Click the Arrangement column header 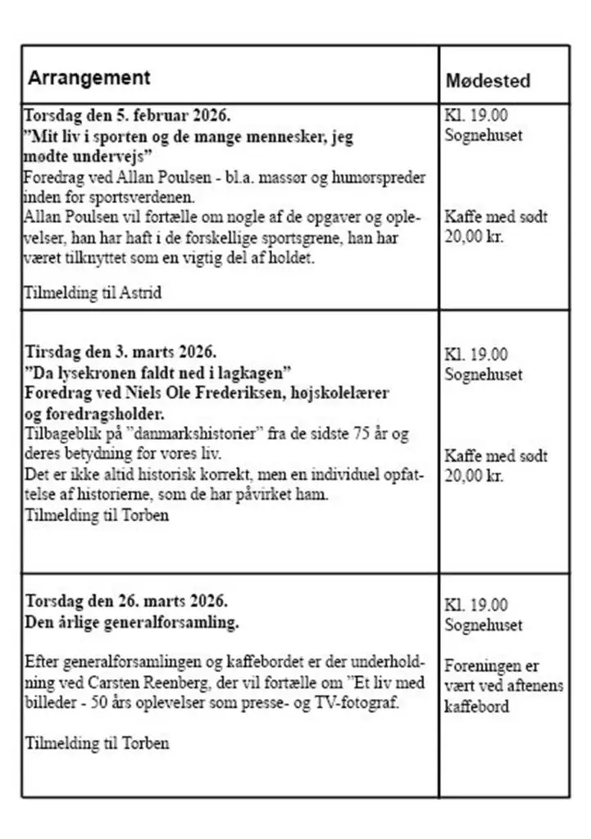tap(89, 78)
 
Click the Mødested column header tap(488, 80)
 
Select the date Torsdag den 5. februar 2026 tap(127, 116)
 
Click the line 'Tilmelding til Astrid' tap(93, 293)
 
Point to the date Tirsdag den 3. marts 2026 tap(121, 353)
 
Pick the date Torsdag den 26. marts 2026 tap(127, 602)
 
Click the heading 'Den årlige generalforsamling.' tap(132, 622)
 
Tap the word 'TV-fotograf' tap(357, 703)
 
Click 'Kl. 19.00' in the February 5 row tap(475, 116)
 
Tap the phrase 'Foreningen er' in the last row tap(492, 665)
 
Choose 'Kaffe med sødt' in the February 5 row tap(496, 217)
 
